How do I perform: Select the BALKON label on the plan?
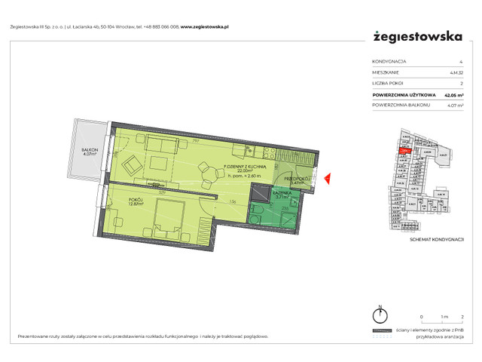pyautogui.click(x=91, y=151)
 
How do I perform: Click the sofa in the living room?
pyautogui.click(x=163, y=143)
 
